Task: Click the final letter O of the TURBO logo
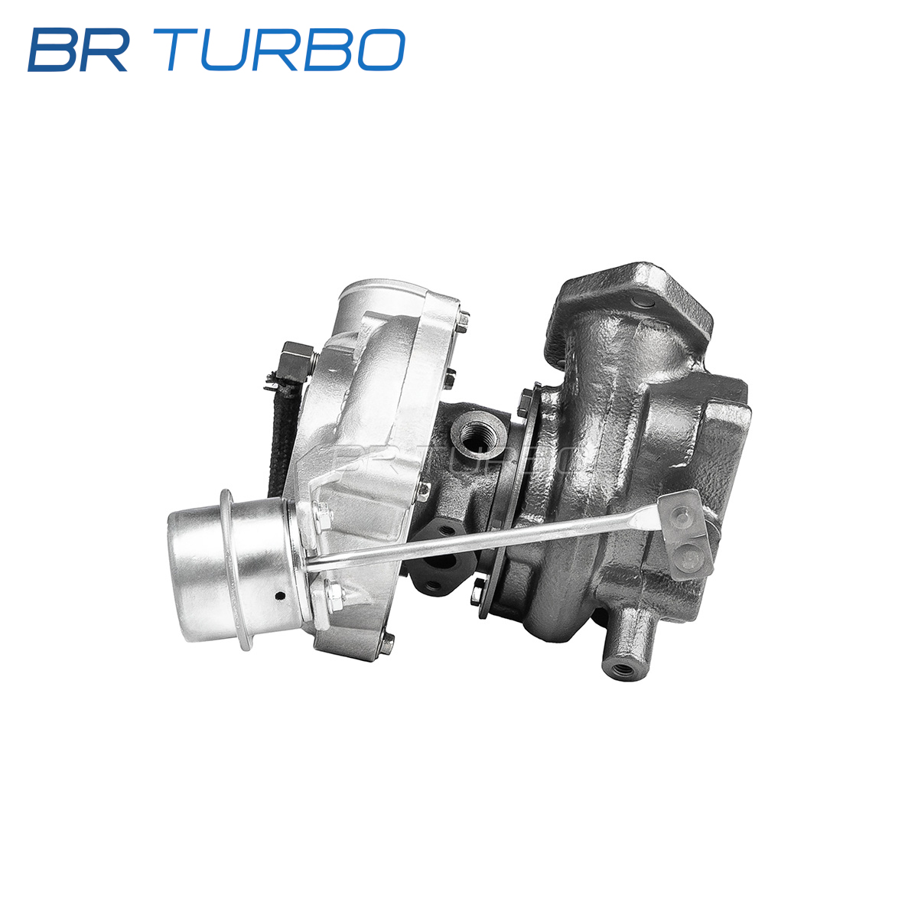click(380, 50)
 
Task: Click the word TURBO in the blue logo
click(279, 50)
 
